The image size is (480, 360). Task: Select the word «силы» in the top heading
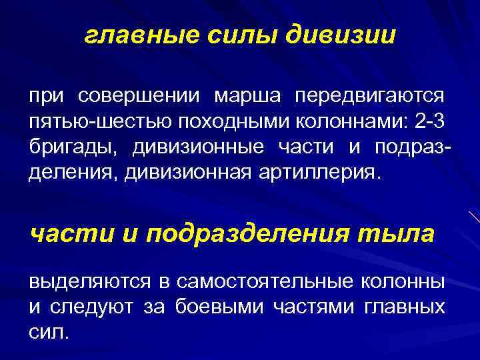pyautogui.click(x=244, y=36)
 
